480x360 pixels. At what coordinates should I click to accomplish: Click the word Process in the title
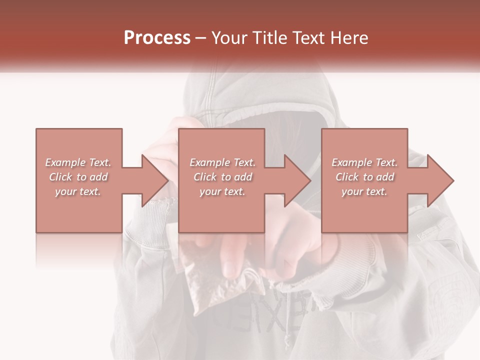tap(157, 38)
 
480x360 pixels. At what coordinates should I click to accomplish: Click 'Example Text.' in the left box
tap(78, 162)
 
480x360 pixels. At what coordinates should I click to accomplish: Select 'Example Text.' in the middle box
tap(222, 162)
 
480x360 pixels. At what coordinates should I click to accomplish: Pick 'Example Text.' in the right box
tap(364, 162)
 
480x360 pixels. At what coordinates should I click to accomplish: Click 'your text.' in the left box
tap(78, 191)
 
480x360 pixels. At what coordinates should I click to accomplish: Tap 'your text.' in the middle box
tap(222, 191)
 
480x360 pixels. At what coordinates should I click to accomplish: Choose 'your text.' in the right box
tap(364, 191)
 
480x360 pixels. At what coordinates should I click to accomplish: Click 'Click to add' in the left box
tap(78, 177)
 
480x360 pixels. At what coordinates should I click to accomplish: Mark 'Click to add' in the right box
tap(364, 177)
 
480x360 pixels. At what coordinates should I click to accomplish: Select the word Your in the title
tap(229, 38)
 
